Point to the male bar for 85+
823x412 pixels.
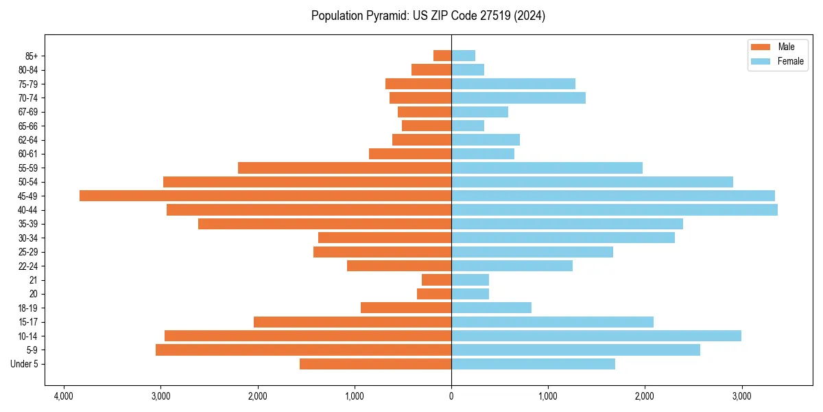click(x=442, y=56)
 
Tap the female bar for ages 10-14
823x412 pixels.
click(x=596, y=336)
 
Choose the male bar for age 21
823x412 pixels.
click(x=436, y=279)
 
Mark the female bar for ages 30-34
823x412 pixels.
click(x=563, y=238)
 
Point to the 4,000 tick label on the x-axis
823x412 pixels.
click(x=64, y=396)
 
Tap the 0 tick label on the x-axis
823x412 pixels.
click(x=451, y=396)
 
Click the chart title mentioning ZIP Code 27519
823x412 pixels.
click(x=428, y=16)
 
